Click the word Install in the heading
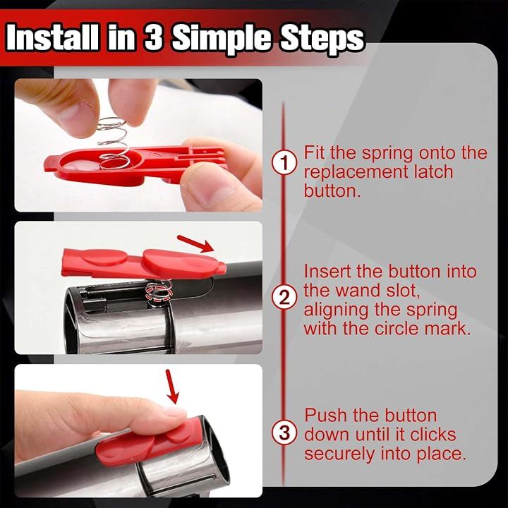52,37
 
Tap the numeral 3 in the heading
153,37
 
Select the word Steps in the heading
322,40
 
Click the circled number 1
284,163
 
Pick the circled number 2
284,298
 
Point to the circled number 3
284,433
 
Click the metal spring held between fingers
114,143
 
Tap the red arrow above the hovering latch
195,243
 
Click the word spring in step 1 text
387,153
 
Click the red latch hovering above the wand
143,263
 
